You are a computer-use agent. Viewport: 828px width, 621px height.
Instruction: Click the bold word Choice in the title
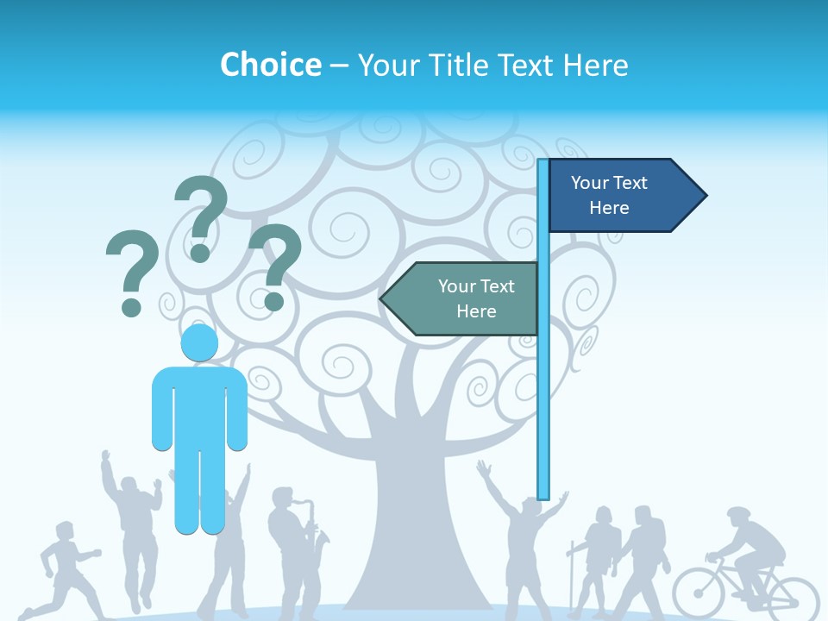click(270, 65)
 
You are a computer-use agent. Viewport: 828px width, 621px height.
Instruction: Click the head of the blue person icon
click(199, 342)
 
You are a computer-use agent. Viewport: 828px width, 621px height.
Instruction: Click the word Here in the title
click(594, 65)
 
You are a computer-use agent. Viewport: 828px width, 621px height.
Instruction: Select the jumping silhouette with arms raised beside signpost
click(522, 535)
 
